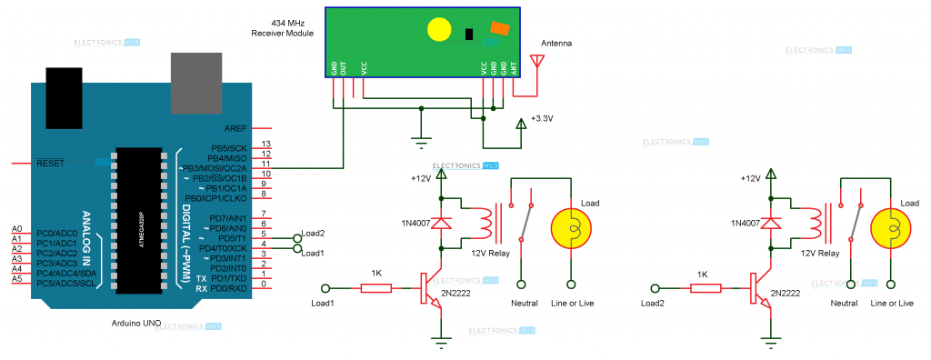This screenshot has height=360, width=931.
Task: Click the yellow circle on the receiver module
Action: click(x=438, y=29)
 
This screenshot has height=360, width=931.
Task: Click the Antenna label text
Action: click(x=556, y=44)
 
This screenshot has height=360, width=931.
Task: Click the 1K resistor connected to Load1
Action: click(x=375, y=289)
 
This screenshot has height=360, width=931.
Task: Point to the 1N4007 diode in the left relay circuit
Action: click(x=442, y=223)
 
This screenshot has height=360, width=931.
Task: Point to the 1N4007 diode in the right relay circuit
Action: click(x=772, y=223)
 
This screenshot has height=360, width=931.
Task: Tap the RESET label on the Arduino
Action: click(x=50, y=164)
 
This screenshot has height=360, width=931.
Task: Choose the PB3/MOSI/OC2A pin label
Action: click(x=215, y=168)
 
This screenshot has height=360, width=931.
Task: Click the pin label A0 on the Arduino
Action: click(x=16, y=229)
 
